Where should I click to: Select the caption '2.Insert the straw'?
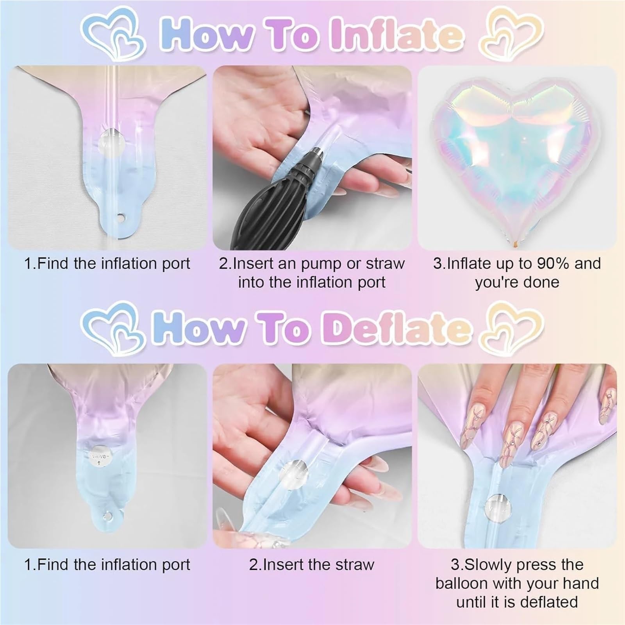[x=312, y=564]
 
